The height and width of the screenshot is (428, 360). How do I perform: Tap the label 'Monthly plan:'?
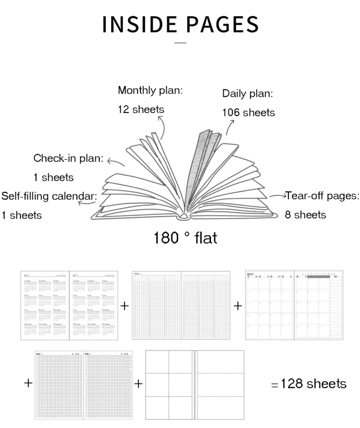click(150, 90)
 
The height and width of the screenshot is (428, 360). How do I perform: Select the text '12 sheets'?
click(141, 109)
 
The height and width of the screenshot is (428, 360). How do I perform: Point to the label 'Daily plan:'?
click(247, 94)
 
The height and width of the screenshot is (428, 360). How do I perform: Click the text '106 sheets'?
click(248, 113)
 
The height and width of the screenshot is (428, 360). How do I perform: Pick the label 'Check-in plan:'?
click(68, 159)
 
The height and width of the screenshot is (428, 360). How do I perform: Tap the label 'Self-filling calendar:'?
click(49, 196)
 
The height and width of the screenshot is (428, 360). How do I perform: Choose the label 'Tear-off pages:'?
click(323, 196)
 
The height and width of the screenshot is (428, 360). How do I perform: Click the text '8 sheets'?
click(305, 215)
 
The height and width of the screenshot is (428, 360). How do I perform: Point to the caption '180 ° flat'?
click(185, 237)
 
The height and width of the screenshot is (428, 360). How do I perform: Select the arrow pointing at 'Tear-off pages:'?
click(278, 196)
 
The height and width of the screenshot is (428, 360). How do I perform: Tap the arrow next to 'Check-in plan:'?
click(115, 163)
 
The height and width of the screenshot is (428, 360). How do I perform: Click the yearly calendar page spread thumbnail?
click(69, 305)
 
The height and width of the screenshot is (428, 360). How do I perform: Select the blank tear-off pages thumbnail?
click(194, 384)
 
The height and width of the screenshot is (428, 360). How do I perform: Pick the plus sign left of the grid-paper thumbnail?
click(28, 383)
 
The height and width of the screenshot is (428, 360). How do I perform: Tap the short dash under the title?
click(180, 43)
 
